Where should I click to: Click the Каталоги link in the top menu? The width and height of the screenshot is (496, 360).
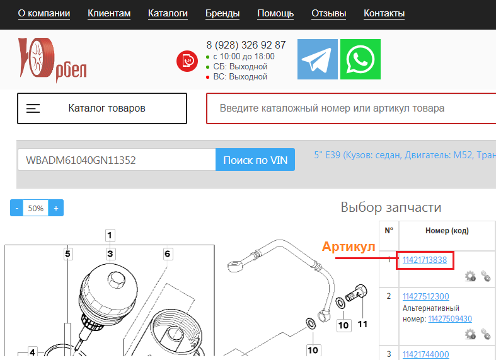point(168,13)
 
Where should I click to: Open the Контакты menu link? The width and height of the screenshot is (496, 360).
point(384,13)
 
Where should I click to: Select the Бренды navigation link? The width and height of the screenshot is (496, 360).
point(222,13)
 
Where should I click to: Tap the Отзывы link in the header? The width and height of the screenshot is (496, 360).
point(328,13)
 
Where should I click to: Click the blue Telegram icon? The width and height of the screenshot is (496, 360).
point(317,59)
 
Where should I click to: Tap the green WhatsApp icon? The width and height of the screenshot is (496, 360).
point(360,59)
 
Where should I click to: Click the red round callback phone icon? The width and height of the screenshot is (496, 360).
point(187,61)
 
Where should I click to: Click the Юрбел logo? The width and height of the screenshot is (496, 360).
point(52,60)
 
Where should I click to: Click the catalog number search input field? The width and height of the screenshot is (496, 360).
point(351,108)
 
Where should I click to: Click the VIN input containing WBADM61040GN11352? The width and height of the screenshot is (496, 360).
point(117,160)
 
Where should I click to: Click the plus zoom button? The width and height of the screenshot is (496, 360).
point(56,208)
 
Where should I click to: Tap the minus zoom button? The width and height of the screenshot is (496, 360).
point(17,208)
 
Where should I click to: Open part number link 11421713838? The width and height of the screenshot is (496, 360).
point(425,260)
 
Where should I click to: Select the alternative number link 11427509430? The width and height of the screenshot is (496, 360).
point(450,318)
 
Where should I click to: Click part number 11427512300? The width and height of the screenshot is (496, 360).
point(426,296)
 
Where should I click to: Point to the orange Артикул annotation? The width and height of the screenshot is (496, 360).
point(349,247)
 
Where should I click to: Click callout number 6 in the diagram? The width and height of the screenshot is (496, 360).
point(168,253)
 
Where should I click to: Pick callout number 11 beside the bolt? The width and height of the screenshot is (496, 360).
point(362,324)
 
